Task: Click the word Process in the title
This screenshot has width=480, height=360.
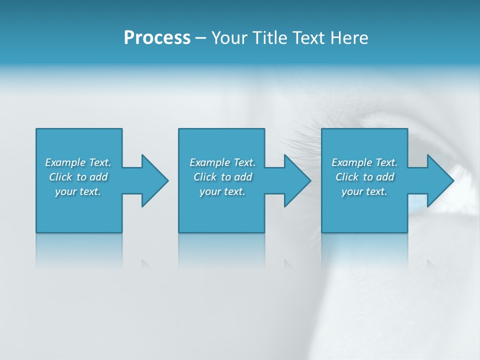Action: tap(157, 38)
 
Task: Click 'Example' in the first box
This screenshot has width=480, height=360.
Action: tap(65, 162)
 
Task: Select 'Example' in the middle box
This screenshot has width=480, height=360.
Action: tap(209, 162)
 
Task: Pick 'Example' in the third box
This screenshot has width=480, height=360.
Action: tap(351, 162)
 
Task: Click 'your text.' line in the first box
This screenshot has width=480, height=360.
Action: tap(78, 191)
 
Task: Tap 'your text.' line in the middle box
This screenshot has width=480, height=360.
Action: tap(222, 191)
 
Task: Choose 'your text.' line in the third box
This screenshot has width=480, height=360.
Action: tap(364, 191)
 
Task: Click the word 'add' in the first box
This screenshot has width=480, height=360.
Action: tap(98, 177)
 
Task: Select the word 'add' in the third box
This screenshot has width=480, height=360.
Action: tap(385, 177)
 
